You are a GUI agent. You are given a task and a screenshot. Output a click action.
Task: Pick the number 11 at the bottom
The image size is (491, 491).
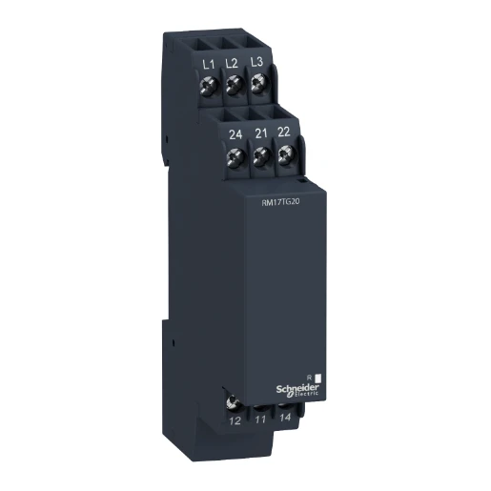tap(262, 418)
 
